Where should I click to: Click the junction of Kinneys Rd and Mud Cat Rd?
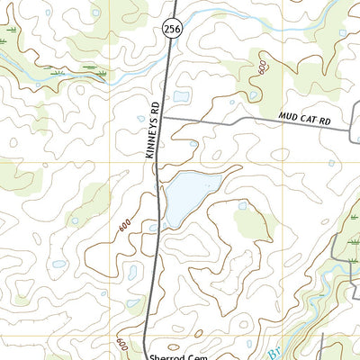pyautogui.click(x=164, y=118)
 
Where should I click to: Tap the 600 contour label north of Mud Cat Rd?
pyautogui.click(x=261, y=67)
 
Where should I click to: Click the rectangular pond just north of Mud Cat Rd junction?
pyautogui.click(x=182, y=96)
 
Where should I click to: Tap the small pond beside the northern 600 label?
pyautogui.click(x=255, y=94)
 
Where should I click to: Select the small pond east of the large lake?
pyautogui.click(x=242, y=205)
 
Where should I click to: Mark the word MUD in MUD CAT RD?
pyautogui.click(x=287, y=116)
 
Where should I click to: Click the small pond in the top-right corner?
pyautogui.click(x=342, y=33)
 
